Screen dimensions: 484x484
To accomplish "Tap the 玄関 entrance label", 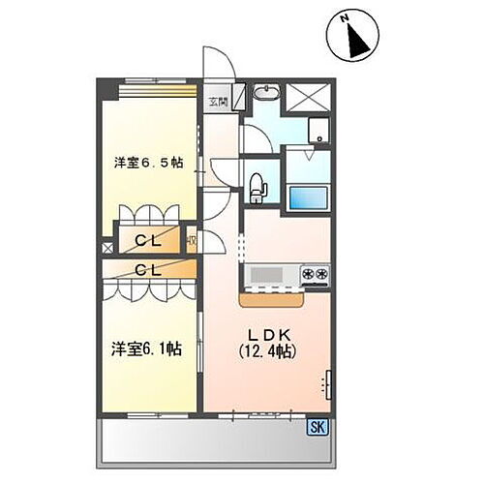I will tap(218, 100).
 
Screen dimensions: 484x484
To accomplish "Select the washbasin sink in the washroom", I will tap(265, 94).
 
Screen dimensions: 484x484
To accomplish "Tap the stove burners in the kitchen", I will tap(314, 275).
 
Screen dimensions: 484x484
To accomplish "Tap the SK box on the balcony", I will tap(317, 427).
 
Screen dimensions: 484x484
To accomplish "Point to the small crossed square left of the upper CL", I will tap(106, 248).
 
